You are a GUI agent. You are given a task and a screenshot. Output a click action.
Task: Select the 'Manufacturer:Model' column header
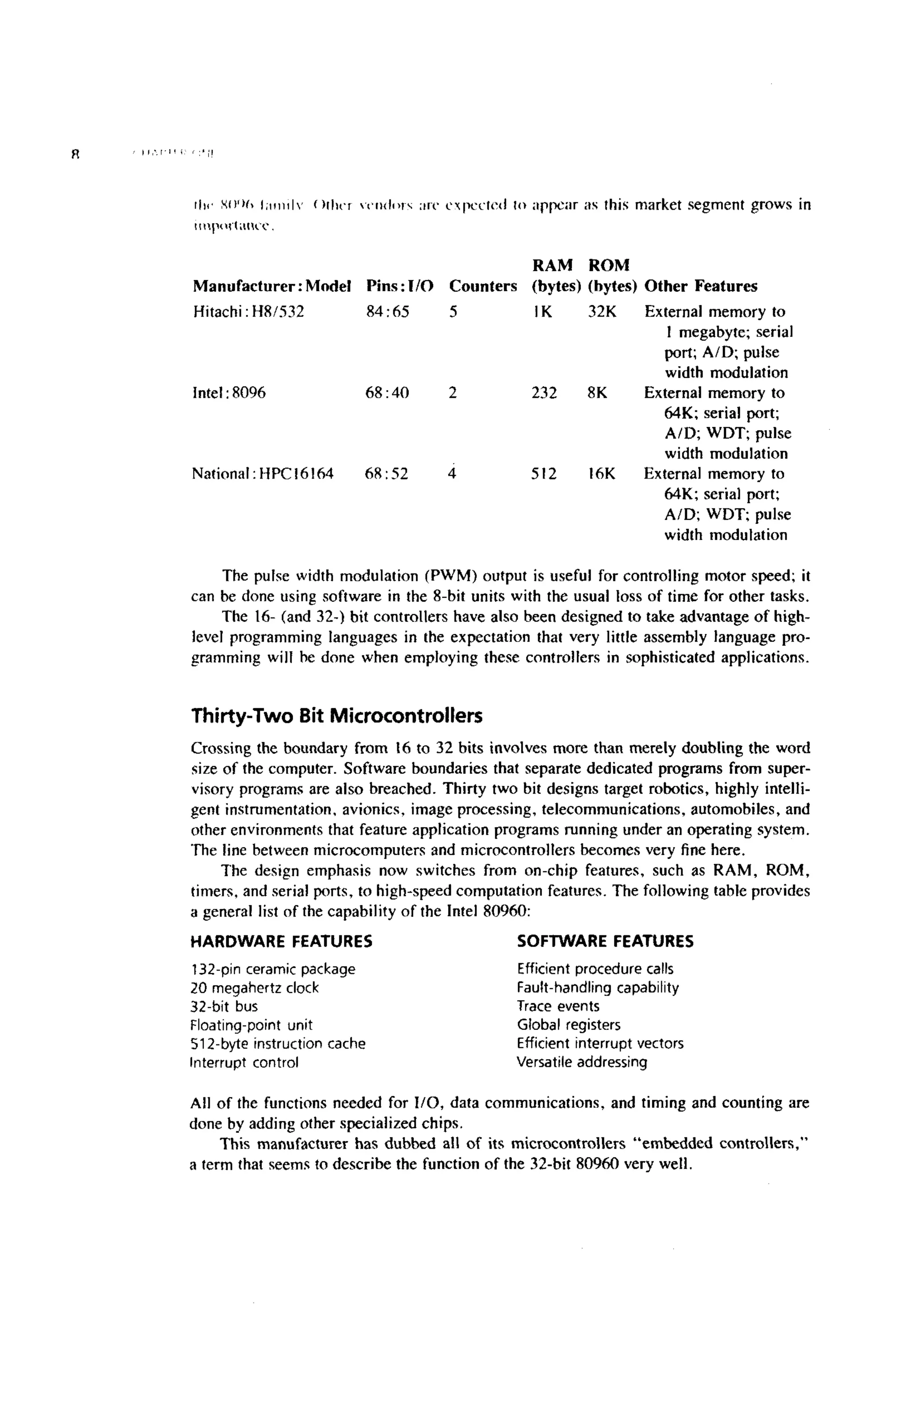tap(272, 286)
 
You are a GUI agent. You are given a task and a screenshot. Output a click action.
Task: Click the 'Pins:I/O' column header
tap(399, 286)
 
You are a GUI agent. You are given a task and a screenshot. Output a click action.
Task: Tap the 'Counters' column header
tap(483, 286)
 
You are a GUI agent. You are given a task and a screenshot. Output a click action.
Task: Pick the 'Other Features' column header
tap(700, 286)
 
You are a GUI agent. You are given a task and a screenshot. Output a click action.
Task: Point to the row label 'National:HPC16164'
tap(263, 474)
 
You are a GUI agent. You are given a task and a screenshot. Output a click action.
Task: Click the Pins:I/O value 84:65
tap(387, 312)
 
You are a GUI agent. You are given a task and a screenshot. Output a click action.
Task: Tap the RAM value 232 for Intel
tap(544, 393)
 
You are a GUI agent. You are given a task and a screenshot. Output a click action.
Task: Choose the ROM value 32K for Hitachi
tap(602, 312)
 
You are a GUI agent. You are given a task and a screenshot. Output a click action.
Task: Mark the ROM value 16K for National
tap(601, 474)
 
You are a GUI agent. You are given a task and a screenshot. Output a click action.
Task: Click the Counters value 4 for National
tap(453, 474)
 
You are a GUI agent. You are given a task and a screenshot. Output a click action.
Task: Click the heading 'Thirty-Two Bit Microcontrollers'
tap(337, 716)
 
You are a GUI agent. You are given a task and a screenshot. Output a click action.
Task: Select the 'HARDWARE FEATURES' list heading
tap(281, 942)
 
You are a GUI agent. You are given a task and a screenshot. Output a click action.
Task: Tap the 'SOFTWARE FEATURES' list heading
tap(605, 942)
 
